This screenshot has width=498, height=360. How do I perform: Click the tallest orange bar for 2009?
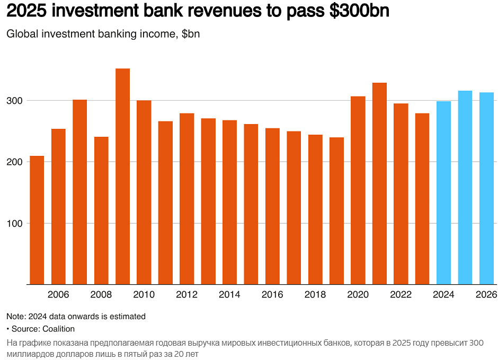click(x=122, y=176)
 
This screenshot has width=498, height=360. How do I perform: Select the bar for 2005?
click(x=37, y=220)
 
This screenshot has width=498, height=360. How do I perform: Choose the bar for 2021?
click(x=379, y=183)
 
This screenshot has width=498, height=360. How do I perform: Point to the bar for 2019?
click(x=336, y=210)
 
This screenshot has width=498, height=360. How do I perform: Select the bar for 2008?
click(x=101, y=210)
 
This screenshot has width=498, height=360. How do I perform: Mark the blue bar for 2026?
click(x=486, y=188)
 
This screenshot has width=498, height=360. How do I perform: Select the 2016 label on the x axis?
click(x=272, y=295)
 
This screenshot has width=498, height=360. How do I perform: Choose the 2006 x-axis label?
click(x=58, y=295)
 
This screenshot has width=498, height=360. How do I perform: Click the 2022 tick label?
click(x=401, y=295)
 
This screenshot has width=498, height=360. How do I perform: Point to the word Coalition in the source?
click(x=58, y=329)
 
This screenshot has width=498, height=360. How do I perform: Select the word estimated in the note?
click(x=127, y=317)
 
